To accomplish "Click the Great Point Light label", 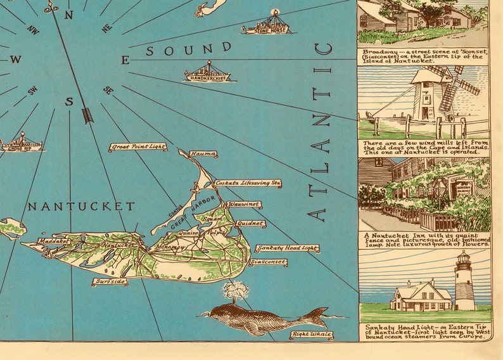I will pos(137,147).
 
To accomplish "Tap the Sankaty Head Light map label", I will pos(287,248).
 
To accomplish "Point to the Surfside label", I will pos(110,281).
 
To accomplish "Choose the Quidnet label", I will pos(251,223).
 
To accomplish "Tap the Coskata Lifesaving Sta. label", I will pos(248,183).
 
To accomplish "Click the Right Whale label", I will pos(312,335).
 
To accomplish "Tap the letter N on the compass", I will pos(68,15).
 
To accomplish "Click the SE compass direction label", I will pos(108,91).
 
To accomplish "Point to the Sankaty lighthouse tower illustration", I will pos(465,282).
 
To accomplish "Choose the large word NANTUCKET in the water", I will pos(81,207).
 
